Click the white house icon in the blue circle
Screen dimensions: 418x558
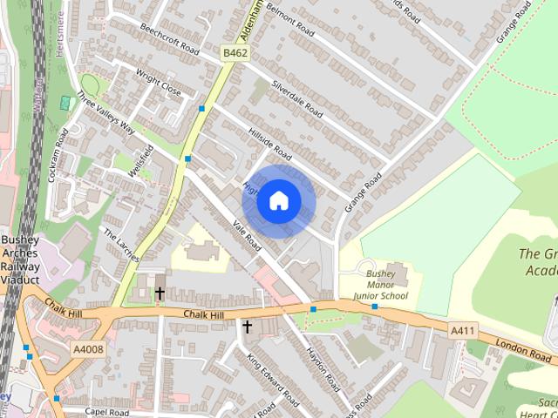278,201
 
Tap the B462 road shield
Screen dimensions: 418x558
234,53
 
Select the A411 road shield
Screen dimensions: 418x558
463,330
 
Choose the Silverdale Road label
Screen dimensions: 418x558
297,100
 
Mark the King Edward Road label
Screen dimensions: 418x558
273,381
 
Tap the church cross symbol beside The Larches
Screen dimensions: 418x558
160,293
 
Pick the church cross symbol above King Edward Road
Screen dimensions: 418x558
247,327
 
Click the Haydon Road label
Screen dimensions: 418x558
322,368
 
